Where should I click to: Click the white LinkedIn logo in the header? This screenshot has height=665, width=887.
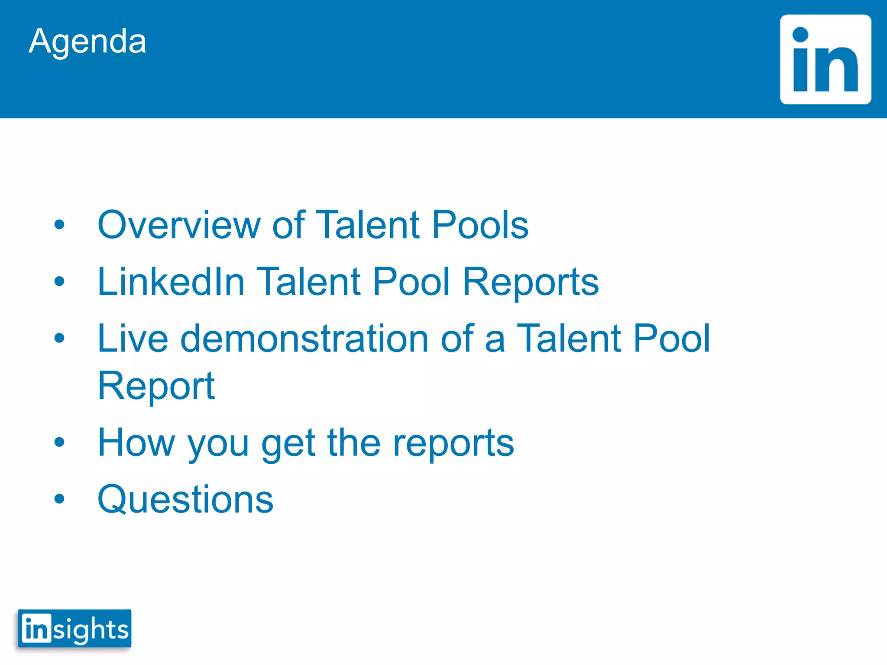825,60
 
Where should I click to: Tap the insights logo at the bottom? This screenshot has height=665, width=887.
74,629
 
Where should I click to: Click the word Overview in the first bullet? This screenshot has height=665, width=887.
179,225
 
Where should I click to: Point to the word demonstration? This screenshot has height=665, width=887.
304,339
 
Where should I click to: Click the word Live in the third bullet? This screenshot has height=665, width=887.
133,339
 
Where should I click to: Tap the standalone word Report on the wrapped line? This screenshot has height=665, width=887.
156,386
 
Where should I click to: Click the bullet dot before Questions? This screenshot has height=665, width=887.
59,499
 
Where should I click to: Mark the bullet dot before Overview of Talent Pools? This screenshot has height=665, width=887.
59,225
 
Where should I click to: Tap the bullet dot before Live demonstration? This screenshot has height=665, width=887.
59,338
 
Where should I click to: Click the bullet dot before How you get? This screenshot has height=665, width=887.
59,442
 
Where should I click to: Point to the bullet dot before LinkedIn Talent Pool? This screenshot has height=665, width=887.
59,281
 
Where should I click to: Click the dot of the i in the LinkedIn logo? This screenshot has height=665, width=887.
800,35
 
